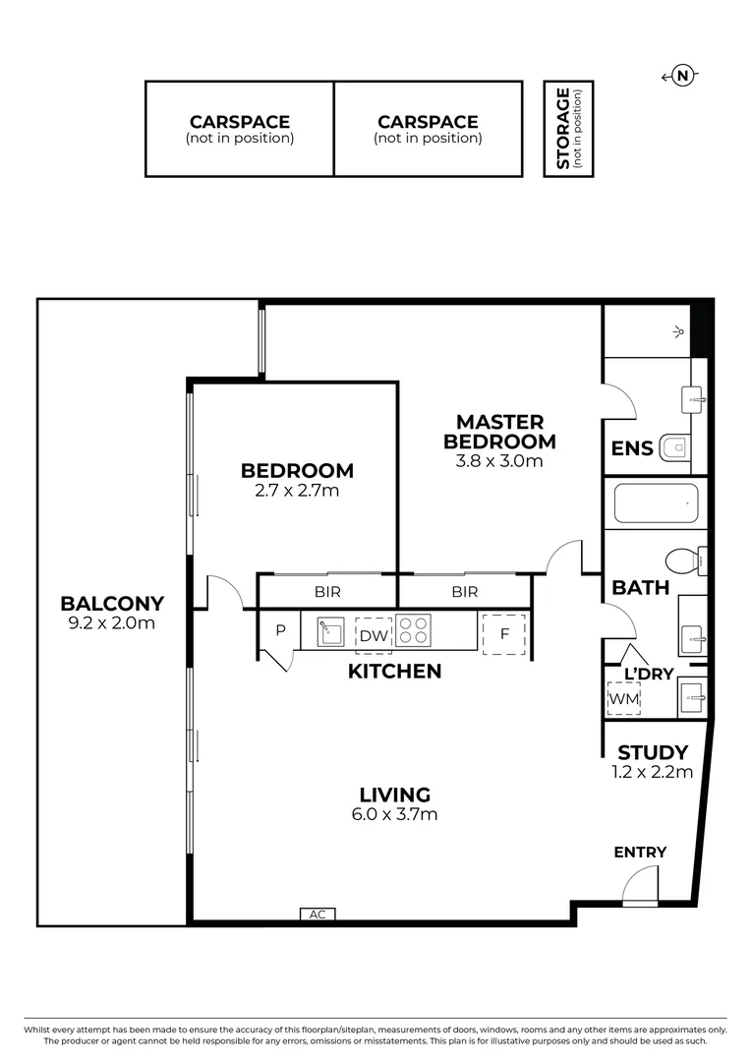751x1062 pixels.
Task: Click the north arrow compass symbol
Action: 682,76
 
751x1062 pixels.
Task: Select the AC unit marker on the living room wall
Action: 317,914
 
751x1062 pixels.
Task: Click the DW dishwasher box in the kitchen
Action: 373,635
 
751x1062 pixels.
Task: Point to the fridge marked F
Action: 503,634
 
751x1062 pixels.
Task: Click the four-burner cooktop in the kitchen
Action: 414,630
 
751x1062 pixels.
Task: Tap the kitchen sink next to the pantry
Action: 329,630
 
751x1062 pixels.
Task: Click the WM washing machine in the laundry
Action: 622,697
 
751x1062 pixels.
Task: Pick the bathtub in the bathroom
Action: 655,502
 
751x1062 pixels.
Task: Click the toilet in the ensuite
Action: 675,448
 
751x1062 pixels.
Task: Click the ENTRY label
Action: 640,852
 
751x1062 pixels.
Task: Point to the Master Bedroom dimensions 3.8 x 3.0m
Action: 499,460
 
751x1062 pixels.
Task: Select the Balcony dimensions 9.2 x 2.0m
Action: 112,622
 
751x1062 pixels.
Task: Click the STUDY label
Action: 652,754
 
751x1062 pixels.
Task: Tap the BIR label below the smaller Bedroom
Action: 327,592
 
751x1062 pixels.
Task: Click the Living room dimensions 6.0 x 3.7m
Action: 394,813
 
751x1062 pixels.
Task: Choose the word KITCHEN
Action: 394,672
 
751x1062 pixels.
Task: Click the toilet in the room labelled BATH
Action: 681,560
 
